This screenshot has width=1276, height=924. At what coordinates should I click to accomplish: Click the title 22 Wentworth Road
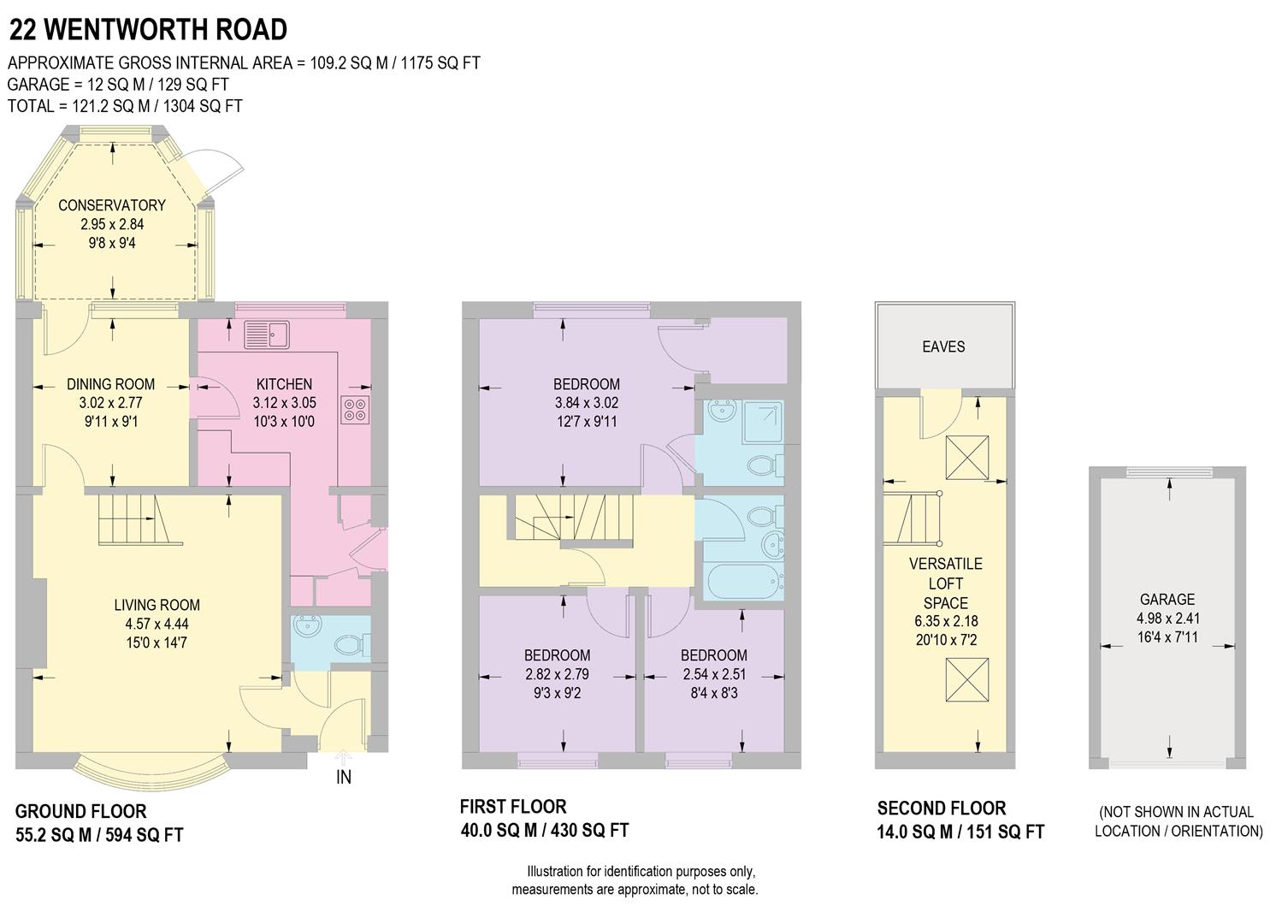tap(147, 29)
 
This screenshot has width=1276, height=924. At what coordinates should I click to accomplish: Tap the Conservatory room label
tap(111, 205)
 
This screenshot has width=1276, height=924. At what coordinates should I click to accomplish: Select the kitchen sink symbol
tap(267, 335)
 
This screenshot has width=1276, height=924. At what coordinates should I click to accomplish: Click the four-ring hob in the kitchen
tap(356, 410)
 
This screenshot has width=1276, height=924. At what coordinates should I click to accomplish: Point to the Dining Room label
tap(111, 384)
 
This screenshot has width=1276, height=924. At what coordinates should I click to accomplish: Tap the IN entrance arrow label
tap(344, 776)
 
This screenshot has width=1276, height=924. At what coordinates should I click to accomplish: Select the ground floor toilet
tap(356, 644)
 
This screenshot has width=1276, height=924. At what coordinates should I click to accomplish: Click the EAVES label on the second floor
tap(943, 346)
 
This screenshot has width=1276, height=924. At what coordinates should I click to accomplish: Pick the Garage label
tap(1167, 600)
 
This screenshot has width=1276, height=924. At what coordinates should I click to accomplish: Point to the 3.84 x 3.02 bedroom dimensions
tap(586, 403)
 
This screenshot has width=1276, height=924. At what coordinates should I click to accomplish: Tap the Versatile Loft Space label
tap(945, 583)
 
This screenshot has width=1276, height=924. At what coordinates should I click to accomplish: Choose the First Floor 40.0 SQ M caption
tap(544, 819)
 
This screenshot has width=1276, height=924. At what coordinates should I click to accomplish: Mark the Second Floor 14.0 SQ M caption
tap(960, 820)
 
